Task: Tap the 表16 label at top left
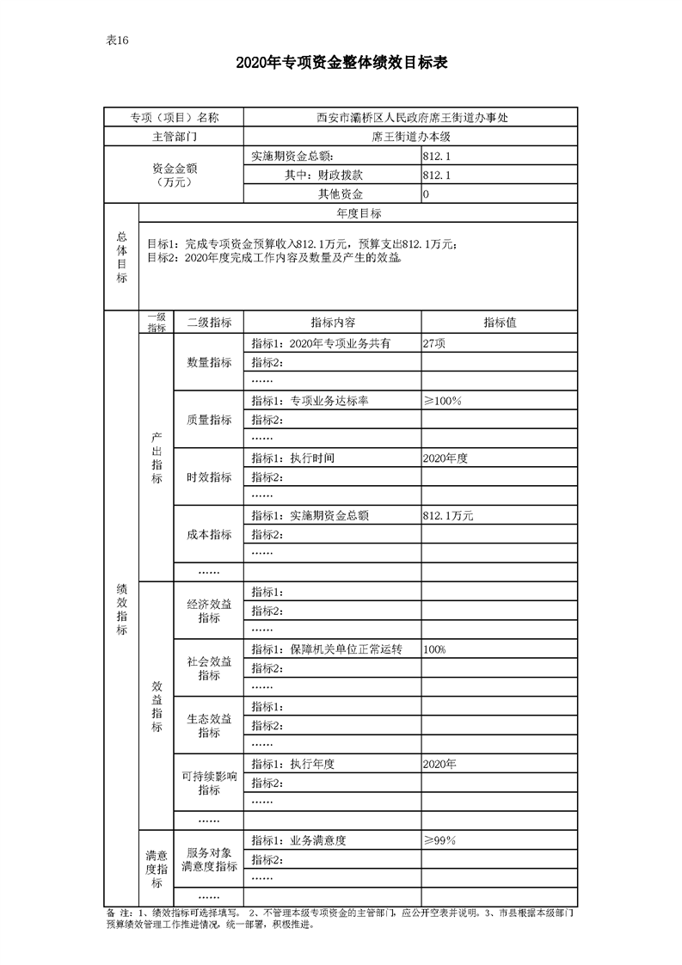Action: pyautogui.click(x=117, y=40)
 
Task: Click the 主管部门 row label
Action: pyautogui.click(x=174, y=137)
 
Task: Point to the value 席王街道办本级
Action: pyautogui.click(x=410, y=137)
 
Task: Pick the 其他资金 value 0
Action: pyautogui.click(x=426, y=194)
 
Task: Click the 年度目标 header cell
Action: pyautogui.click(x=358, y=213)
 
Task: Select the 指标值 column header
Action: pyautogui.click(x=499, y=323)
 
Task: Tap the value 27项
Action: pyautogui.click(x=434, y=343)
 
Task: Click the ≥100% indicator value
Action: pyautogui.click(x=443, y=401)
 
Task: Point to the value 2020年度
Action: pyautogui.click(x=445, y=458)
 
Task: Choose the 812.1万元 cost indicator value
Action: pyautogui.click(x=448, y=516)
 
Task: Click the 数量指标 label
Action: pyautogui.click(x=209, y=362)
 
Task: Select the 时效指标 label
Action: pyautogui.click(x=209, y=477)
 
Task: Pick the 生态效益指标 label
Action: pyautogui.click(x=209, y=726)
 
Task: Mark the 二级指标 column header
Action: pyautogui.click(x=209, y=323)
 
